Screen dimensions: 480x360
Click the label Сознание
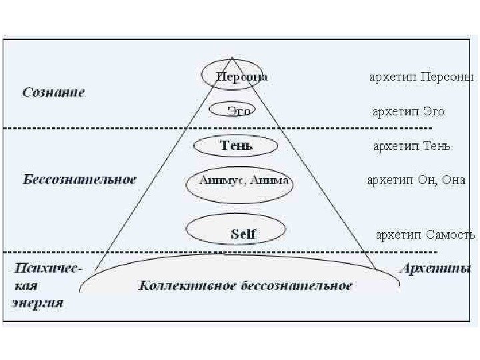coord(54,93)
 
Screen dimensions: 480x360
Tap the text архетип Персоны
coord(422,77)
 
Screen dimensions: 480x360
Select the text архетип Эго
coord(409,111)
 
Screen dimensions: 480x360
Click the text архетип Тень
coord(412,146)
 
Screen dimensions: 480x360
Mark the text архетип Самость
coord(425,235)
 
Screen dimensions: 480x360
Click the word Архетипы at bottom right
coord(435,270)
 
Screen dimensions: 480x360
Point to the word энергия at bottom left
coord(38,302)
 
